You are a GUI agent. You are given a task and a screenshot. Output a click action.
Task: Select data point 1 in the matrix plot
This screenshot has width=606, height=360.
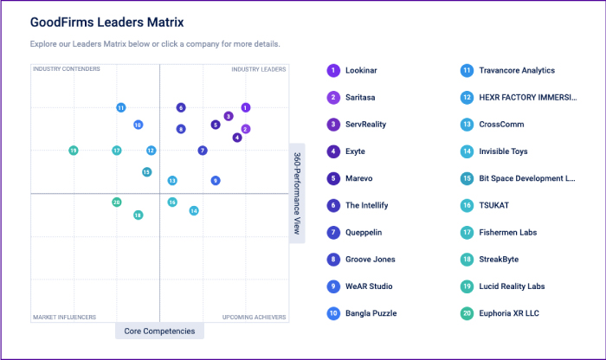coord(246,107)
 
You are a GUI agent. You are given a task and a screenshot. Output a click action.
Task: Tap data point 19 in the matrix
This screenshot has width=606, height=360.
coord(74,151)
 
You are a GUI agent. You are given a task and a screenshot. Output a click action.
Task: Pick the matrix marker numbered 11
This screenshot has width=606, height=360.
coord(121,107)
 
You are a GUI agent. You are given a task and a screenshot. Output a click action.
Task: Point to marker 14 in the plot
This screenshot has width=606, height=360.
coord(194,210)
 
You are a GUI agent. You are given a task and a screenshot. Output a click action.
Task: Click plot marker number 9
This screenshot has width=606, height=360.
coord(216,180)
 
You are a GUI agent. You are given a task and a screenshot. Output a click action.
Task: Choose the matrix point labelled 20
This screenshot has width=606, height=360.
coord(117,202)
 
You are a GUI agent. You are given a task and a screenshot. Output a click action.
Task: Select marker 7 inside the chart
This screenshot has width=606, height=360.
coord(203,151)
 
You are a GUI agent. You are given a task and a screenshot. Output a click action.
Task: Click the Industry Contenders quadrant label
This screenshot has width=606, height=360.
coord(67,69)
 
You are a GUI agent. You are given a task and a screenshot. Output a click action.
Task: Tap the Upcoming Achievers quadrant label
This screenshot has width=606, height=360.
coord(255,317)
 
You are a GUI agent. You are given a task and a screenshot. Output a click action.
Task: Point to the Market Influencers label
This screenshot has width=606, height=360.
coord(65,317)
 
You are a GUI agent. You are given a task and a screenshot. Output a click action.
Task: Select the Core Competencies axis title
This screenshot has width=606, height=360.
coord(159,331)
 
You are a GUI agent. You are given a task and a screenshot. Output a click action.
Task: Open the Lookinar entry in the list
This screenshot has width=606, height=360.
coord(365,70)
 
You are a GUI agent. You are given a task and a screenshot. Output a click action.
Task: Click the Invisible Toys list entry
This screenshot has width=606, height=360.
coord(503,151)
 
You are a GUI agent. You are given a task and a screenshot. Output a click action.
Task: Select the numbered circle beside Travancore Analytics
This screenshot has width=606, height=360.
coord(467,70)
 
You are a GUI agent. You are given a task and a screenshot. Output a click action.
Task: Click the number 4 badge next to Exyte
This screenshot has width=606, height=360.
coord(332,151)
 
